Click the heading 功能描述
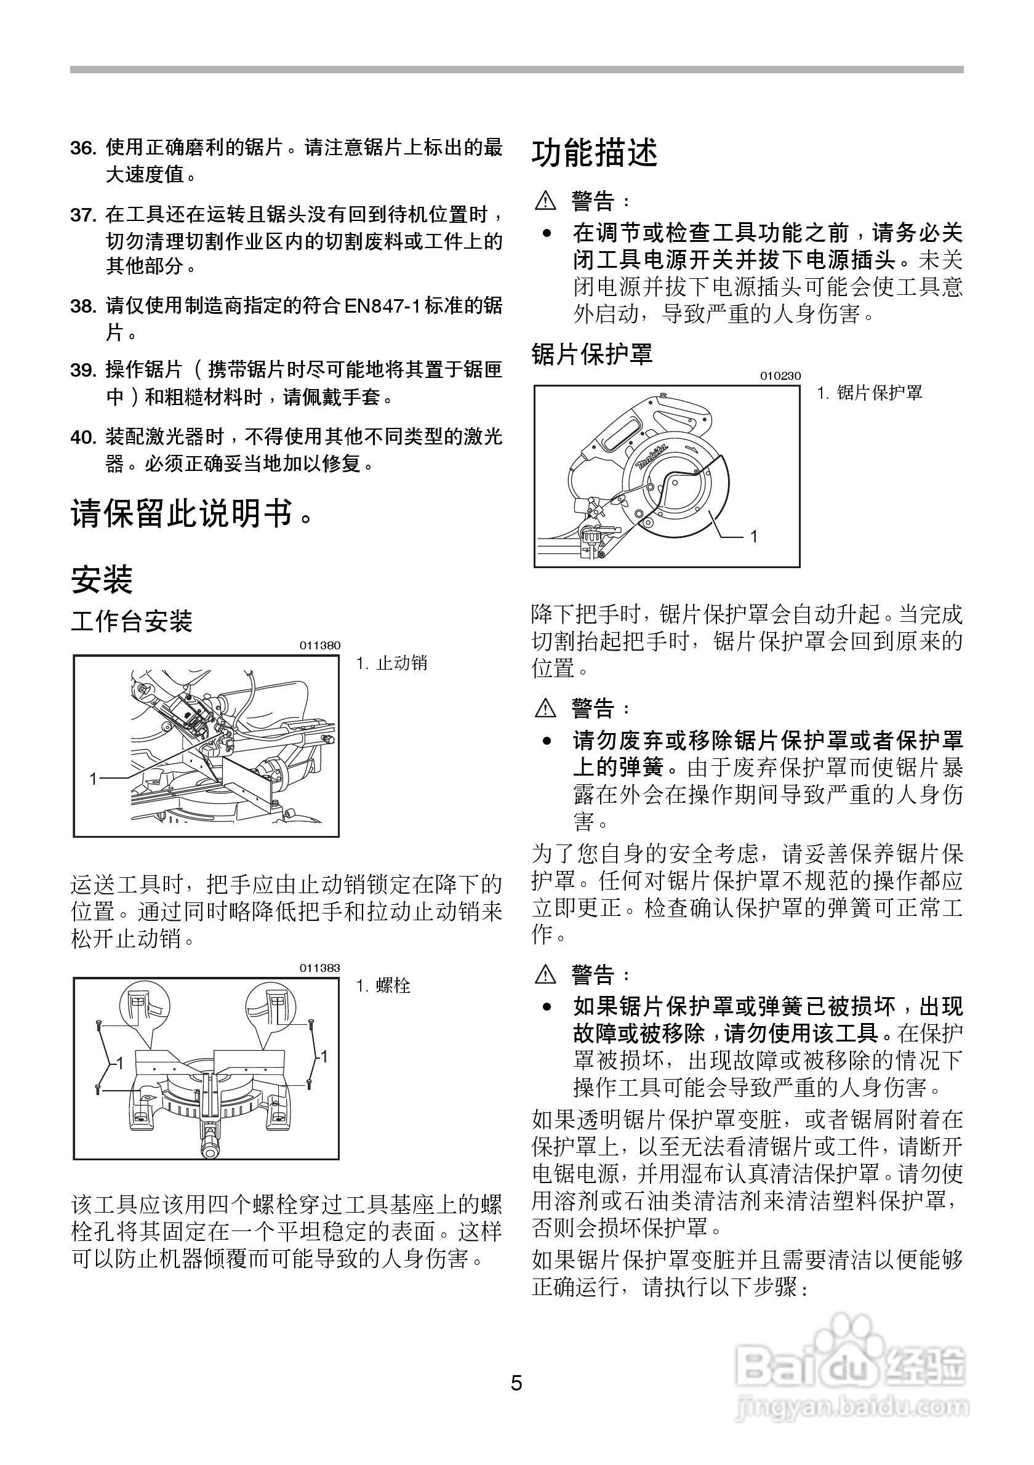point(595,153)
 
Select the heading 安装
point(102,579)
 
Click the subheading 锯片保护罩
point(593,353)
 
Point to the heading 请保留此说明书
point(191,512)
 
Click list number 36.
point(83,148)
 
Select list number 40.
point(83,437)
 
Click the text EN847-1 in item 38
point(383,306)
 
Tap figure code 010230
point(779,376)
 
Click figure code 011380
point(319,646)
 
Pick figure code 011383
point(319,968)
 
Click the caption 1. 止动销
point(391,664)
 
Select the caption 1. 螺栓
point(383,987)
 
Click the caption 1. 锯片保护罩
point(870,393)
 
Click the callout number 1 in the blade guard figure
point(753,537)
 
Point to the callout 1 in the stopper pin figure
point(93,778)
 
